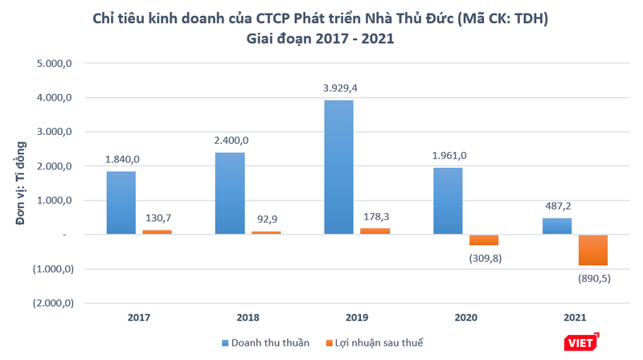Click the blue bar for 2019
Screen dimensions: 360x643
pyautogui.click(x=338, y=167)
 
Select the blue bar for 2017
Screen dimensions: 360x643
pyautogui.click(x=121, y=202)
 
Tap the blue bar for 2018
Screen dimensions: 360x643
pyautogui.click(x=230, y=193)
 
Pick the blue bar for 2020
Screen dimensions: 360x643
pyautogui.click(x=448, y=201)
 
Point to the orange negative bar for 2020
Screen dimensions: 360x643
pyautogui.click(x=484, y=239)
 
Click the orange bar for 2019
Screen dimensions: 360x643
pyautogui.click(x=375, y=231)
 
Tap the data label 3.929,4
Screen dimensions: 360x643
pyautogui.click(x=338, y=88)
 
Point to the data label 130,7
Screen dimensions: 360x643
pyautogui.click(x=158, y=218)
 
